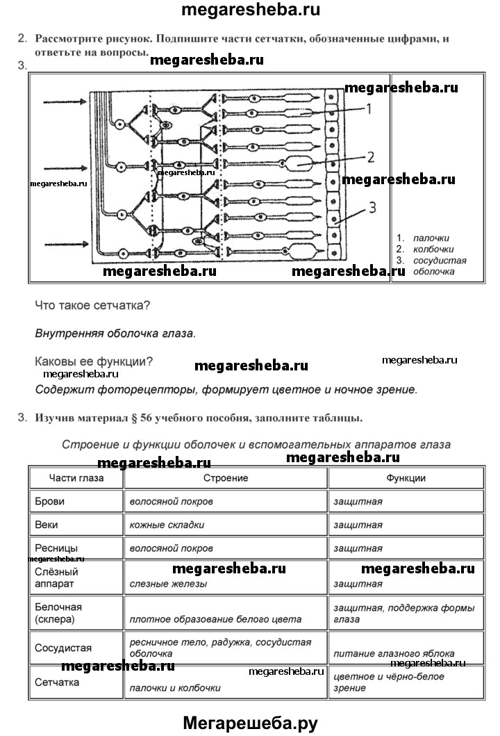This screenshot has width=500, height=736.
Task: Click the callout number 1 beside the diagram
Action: (x=369, y=109)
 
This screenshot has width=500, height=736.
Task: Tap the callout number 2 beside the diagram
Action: (x=371, y=157)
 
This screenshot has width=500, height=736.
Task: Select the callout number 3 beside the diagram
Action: (x=372, y=206)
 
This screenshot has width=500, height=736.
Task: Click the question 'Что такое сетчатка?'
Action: (x=92, y=305)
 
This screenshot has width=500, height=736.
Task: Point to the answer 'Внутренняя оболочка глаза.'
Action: (x=115, y=333)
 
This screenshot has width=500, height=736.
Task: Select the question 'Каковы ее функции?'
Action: (x=94, y=361)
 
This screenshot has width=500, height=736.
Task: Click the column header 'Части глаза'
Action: (x=76, y=478)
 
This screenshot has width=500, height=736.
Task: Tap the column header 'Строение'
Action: (x=226, y=478)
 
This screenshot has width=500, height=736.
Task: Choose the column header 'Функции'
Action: (x=406, y=478)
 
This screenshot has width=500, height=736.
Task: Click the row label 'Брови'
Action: (x=48, y=500)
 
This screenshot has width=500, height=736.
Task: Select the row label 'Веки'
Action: (x=46, y=525)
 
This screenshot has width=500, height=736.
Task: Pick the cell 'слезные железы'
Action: (x=168, y=584)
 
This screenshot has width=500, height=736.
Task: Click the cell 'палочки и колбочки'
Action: (x=175, y=688)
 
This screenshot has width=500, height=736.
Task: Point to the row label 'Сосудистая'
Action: (x=63, y=648)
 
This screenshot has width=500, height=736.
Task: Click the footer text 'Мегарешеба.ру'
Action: (x=250, y=723)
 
